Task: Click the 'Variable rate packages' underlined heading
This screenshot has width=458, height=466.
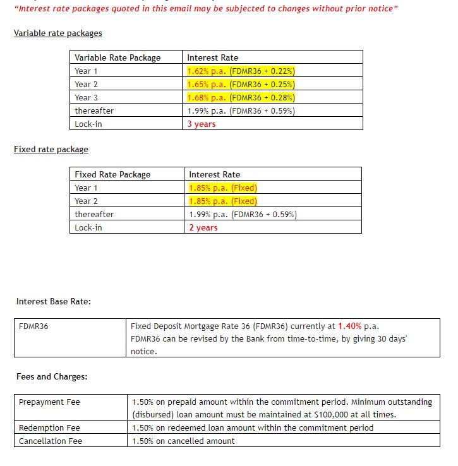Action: pos(57,33)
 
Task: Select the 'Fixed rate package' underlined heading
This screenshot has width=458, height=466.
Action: pos(51,150)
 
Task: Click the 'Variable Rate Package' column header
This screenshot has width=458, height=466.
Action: pos(118,57)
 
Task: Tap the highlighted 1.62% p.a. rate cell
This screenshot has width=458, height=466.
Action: pos(241,71)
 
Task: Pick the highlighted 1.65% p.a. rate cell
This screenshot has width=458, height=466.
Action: pos(241,84)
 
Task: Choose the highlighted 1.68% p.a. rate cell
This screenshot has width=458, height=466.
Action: pos(241,97)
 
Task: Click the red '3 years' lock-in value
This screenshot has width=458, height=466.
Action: pos(202,124)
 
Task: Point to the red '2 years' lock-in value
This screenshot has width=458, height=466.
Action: pos(203,227)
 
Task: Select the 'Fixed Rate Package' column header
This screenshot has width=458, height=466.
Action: pos(112,174)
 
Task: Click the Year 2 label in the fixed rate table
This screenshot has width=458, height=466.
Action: pos(87,201)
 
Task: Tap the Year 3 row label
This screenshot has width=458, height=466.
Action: pos(87,97)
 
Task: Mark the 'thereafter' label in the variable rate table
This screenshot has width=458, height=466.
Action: pos(94,111)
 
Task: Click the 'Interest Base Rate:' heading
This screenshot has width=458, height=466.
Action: pos(54,302)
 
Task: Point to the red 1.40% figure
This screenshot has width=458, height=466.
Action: pos(350,326)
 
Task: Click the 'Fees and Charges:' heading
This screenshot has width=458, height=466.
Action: pos(52,377)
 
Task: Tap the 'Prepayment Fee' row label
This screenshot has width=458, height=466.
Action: pos(49,402)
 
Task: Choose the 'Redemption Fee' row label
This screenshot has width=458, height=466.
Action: pos(49,427)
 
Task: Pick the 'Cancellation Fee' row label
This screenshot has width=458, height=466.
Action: pos(51,441)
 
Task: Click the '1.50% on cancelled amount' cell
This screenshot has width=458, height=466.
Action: pos(183,441)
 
